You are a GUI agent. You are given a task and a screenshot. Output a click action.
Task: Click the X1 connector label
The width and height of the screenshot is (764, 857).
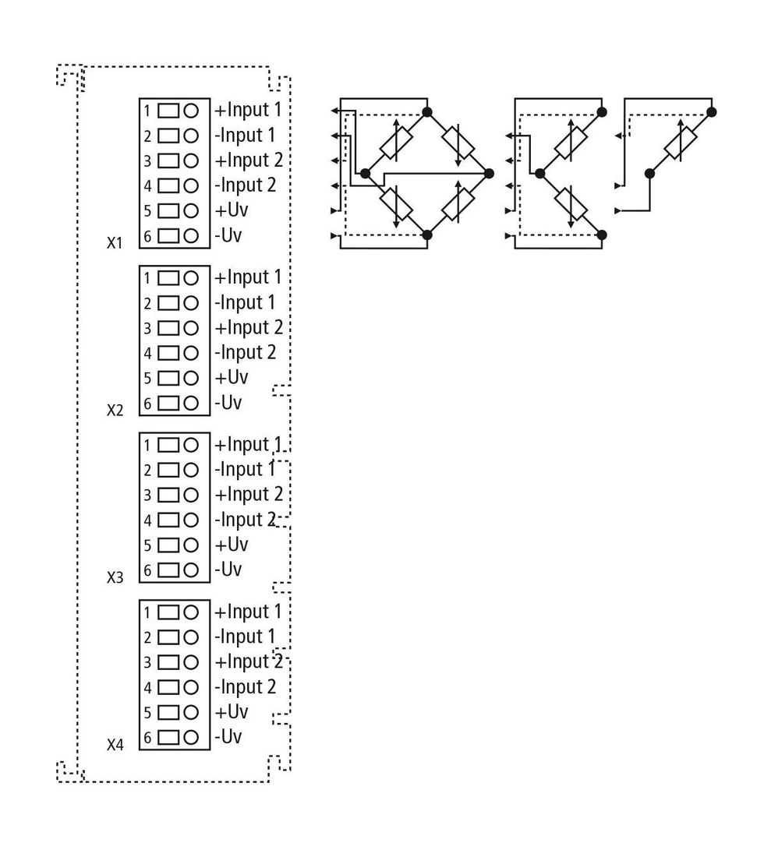click(115, 242)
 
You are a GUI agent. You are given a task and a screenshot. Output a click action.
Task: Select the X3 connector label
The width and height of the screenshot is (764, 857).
click(115, 577)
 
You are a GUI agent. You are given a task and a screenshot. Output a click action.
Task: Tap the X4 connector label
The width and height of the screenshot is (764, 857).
click(115, 744)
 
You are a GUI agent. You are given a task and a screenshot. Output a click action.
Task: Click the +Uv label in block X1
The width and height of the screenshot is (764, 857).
click(232, 210)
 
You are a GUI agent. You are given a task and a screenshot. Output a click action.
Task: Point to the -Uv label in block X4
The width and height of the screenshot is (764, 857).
click(228, 737)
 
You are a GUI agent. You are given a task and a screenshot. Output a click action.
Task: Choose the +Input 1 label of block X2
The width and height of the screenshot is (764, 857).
click(248, 277)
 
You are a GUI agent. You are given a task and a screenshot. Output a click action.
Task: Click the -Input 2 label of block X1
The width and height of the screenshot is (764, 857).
click(246, 186)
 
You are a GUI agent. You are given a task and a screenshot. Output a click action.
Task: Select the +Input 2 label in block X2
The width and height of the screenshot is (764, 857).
click(249, 328)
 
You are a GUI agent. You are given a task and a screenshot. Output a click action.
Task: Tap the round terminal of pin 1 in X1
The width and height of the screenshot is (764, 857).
click(191, 111)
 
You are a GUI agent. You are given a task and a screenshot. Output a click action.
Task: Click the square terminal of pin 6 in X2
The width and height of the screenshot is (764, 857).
click(168, 404)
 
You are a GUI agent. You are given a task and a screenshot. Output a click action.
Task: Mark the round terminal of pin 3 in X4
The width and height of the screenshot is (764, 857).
click(191, 662)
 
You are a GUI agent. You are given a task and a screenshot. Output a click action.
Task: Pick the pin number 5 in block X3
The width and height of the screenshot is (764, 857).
click(147, 545)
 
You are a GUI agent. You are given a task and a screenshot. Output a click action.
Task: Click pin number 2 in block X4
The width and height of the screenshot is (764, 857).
click(147, 637)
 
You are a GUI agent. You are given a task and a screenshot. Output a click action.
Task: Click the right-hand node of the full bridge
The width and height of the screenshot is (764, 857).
click(489, 174)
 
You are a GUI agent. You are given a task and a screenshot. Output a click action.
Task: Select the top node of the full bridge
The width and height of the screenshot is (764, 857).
click(427, 112)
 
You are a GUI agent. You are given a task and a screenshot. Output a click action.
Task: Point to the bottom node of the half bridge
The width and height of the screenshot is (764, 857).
click(602, 235)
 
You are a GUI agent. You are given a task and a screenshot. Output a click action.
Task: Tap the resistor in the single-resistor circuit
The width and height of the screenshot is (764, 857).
click(681, 143)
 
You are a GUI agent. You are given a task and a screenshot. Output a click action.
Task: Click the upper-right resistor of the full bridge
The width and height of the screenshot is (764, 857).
click(458, 143)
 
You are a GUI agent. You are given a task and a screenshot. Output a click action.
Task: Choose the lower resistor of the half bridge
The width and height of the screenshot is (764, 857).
click(571, 204)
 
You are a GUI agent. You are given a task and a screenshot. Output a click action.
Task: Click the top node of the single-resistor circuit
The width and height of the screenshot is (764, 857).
click(711, 112)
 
